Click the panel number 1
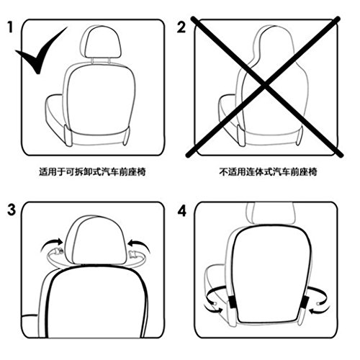[x=10, y=27]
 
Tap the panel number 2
[x=181, y=27]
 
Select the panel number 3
[x=12, y=210]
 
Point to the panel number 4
[x=182, y=212]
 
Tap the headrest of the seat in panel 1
[x=100, y=41]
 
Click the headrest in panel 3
[x=96, y=240]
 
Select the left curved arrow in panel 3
[x=52, y=243]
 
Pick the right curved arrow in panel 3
[x=139, y=243]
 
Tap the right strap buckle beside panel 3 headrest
[x=132, y=254]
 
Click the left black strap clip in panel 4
[x=232, y=302]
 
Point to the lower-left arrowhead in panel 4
[x=220, y=310]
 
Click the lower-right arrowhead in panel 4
[x=312, y=312]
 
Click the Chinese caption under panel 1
[x=92, y=172]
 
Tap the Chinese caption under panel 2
[x=268, y=172]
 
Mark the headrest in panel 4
[x=271, y=214]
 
